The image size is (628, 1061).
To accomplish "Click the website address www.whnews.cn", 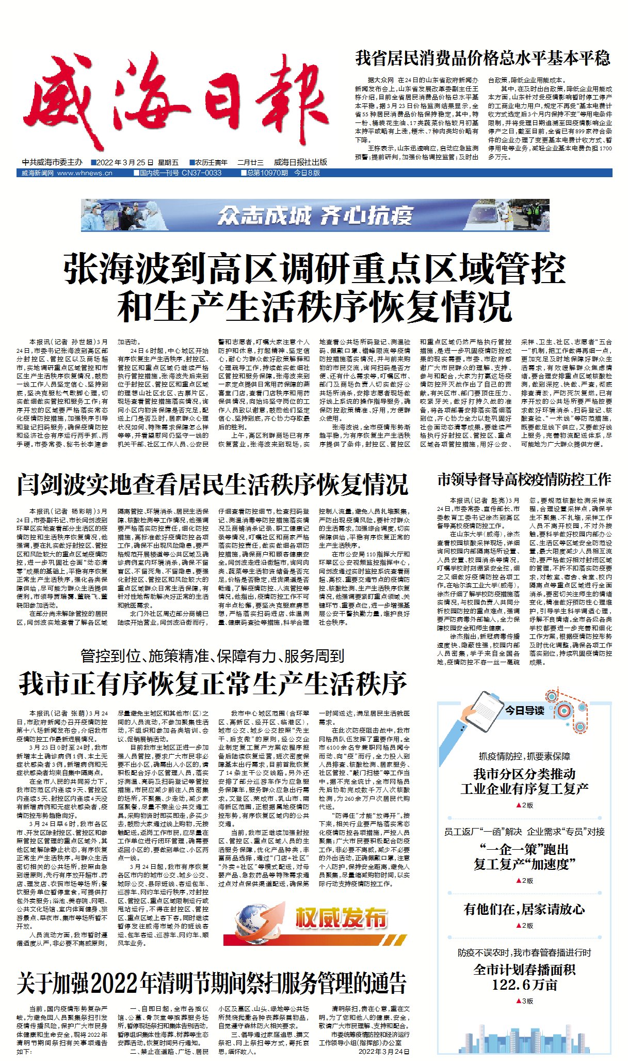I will tap(85, 173).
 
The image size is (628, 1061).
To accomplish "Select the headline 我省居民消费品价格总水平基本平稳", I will tap(482, 58).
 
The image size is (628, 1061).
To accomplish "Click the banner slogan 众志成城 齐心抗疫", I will tap(315, 215).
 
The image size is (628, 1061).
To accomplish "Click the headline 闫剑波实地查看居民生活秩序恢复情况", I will tap(212, 484).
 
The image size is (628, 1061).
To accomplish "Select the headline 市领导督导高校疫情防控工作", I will tap(524, 480).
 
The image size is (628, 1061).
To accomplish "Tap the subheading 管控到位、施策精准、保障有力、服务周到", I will tap(212, 656).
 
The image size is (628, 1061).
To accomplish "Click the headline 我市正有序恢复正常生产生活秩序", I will tap(212, 684).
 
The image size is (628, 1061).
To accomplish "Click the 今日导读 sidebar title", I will tap(524, 711).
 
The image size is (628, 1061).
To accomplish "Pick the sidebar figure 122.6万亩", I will tap(524, 985).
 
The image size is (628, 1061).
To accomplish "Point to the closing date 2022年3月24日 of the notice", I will tap(384, 1052).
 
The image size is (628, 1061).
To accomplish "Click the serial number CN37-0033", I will tap(201, 173).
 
